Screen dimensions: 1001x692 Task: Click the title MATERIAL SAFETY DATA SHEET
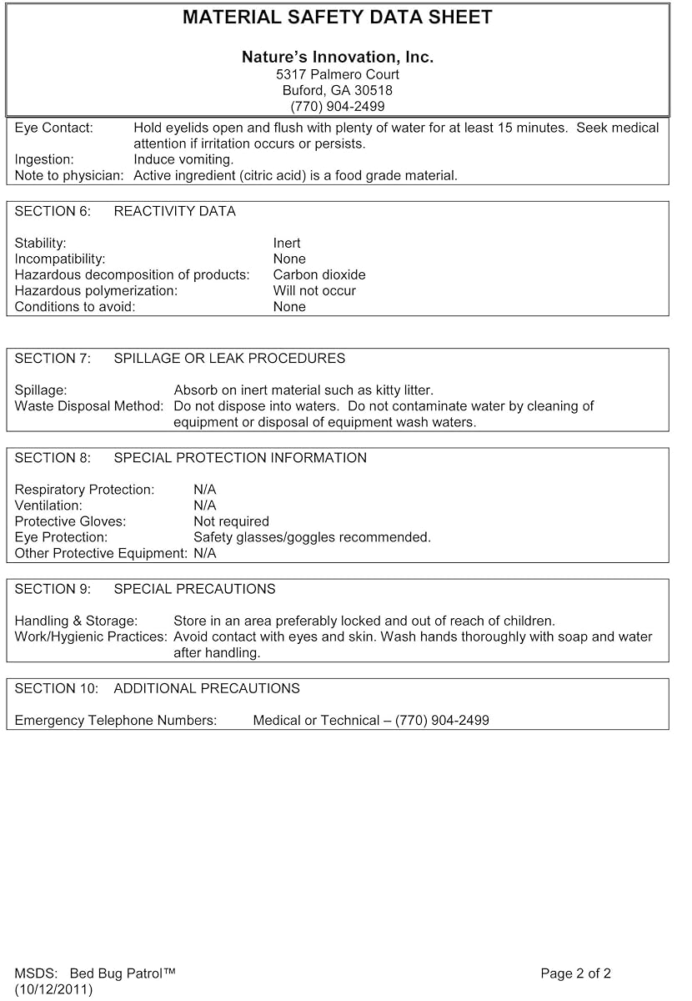337,18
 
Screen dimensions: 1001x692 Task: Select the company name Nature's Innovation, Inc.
337,58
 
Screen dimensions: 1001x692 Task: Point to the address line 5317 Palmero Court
337,74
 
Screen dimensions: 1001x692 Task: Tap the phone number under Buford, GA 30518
337,106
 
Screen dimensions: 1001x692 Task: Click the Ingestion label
44,159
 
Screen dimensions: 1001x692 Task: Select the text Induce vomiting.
183,159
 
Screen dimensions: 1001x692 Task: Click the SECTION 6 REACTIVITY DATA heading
125,212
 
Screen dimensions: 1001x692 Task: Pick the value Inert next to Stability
287,244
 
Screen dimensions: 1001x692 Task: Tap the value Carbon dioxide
319,275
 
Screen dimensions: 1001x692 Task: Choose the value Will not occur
314,291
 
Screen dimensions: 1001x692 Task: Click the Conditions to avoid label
75,307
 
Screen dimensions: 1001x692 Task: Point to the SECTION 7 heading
179,359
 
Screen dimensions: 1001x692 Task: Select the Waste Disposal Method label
89,406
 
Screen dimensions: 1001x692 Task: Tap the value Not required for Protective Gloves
231,521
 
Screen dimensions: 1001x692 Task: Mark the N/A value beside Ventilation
204,506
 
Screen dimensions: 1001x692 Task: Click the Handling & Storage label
76,621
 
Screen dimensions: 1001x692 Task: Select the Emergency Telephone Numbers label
116,721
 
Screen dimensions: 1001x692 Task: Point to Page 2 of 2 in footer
575,973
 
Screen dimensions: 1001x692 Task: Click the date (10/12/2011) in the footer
53,989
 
